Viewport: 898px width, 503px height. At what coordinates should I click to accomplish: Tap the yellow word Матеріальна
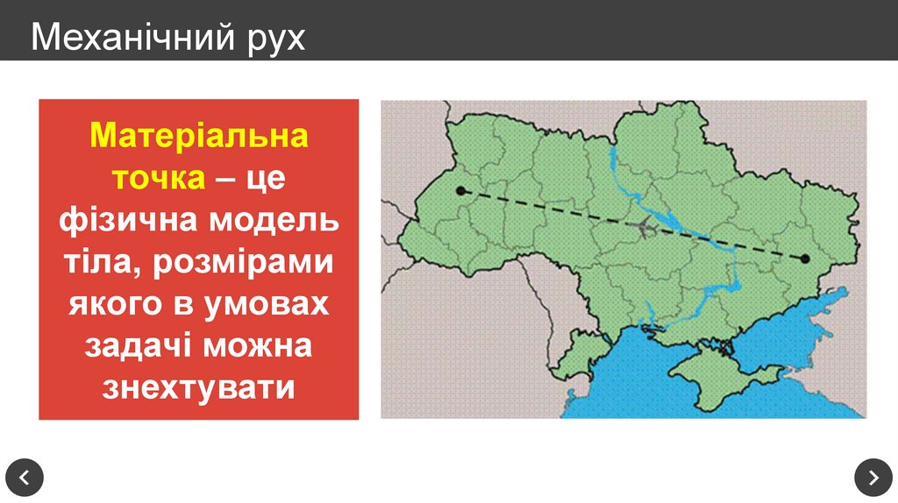(199, 137)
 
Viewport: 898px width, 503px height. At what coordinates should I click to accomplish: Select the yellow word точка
(158, 178)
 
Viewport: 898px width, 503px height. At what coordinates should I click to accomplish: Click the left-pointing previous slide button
(25, 478)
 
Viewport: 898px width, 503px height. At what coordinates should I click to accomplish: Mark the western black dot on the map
(460, 190)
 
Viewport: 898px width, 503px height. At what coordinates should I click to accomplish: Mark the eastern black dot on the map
(804, 259)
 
